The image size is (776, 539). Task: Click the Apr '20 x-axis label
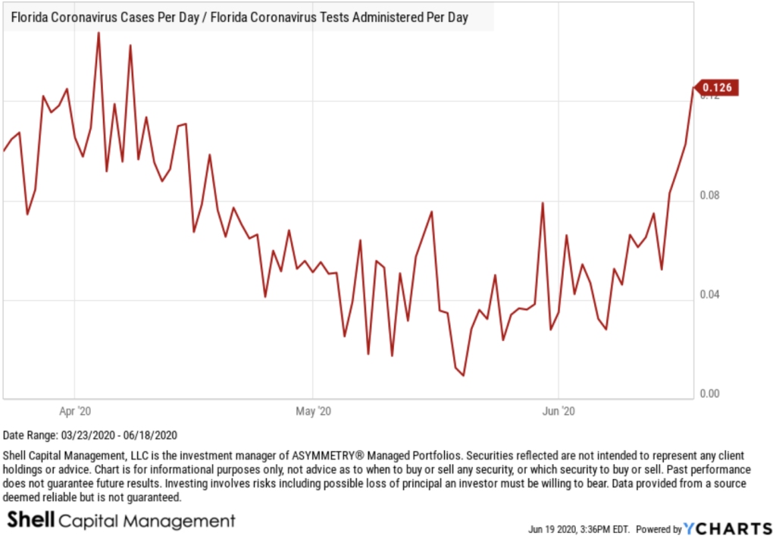tap(75, 411)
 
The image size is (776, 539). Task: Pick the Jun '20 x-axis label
tap(559, 411)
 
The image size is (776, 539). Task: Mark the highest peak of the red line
tap(99, 33)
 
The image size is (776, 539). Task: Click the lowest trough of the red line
tap(463, 374)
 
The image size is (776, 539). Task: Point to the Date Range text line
tap(90, 436)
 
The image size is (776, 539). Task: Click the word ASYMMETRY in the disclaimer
tap(300, 456)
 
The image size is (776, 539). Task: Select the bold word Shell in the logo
tap(30, 519)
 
